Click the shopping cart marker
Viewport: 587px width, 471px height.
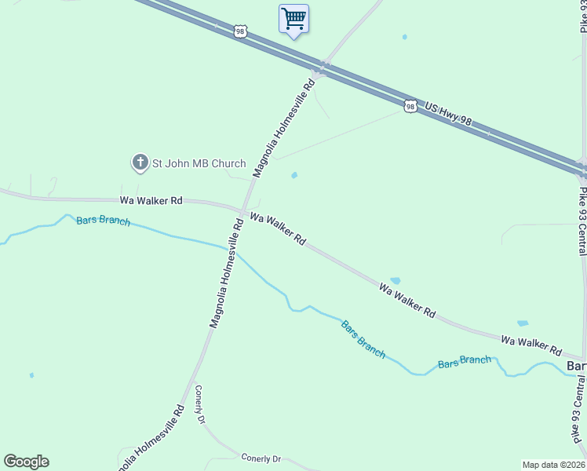tap(293, 18)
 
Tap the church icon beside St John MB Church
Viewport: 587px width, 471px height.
tap(140, 162)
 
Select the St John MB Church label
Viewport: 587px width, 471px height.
tap(199, 163)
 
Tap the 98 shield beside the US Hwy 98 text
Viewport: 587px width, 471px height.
tap(410, 106)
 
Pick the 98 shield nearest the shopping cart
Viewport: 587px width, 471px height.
tap(240, 31)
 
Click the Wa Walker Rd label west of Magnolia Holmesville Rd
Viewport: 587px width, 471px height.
tap(151, 200)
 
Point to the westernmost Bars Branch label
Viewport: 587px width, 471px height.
tap(103, 221)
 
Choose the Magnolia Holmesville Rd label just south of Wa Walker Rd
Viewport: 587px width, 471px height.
tap(224, 273)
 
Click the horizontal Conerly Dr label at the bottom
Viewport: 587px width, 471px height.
tap(261, 458)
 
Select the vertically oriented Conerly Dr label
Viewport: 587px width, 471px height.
tap(200, 404)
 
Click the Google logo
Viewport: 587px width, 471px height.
tap(26, 462)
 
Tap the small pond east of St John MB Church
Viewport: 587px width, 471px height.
tap(294, 175)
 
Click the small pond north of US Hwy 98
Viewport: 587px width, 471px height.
tap(404, 37)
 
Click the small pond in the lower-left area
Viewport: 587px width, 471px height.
tap(31, 375)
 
